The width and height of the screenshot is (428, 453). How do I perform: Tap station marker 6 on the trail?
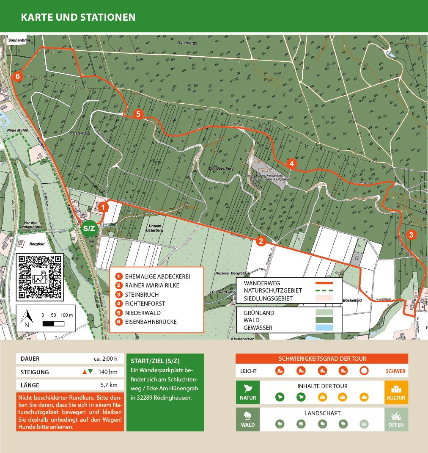tap(17, 77)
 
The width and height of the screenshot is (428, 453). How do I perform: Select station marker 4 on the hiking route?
tap(291, 163)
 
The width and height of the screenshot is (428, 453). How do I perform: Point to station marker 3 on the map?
tap(412, 235)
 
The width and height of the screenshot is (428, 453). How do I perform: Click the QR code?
tap(40, 277)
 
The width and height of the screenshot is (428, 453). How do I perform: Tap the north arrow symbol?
tap(28, 318)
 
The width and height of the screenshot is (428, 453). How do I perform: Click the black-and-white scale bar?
tap(53, 324)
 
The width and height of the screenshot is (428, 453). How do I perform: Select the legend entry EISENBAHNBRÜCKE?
tap(151, 322)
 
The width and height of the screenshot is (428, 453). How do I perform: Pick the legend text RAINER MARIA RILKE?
tap(152, 285)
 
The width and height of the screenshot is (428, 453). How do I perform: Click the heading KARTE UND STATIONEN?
tap(78, 17)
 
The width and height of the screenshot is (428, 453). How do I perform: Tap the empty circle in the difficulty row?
tap(364, 371)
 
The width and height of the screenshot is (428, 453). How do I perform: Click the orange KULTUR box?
tap(396, 392)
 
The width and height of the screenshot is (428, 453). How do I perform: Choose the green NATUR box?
tap(247, 392)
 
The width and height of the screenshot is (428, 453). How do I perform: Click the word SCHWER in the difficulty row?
tap(395, 371)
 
